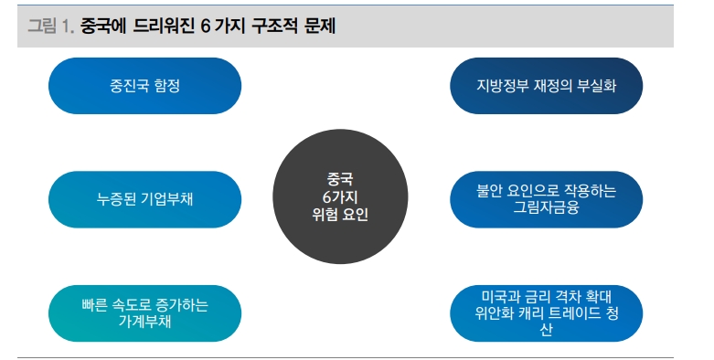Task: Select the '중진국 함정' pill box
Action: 144,87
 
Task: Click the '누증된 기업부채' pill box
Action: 144,200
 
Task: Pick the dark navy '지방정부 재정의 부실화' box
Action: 547,87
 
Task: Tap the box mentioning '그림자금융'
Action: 547,200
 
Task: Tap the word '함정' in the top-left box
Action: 167,87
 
